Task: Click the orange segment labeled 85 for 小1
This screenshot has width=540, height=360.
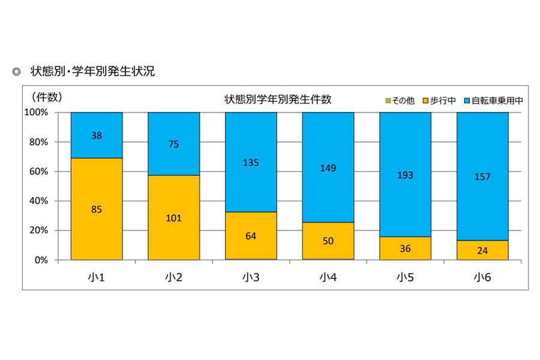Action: pos(97,209)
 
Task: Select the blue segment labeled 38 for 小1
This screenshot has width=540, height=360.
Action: pos(97,135)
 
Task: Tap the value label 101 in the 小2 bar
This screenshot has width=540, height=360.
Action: pos(173,218)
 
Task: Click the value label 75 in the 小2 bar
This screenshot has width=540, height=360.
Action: pos(173,144)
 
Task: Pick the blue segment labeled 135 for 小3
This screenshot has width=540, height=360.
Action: pos(251,161)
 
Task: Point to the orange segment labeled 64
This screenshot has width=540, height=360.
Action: pos(251,236)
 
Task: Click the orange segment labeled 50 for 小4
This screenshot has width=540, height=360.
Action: pos(328,241)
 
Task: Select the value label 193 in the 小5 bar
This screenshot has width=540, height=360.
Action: pos(405,175)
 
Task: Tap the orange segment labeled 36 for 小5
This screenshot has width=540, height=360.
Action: pos(405,248)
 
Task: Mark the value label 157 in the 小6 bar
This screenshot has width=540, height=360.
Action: pos(482,176)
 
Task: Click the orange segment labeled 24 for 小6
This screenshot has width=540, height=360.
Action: pos(482,250)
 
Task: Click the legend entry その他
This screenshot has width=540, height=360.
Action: pos(399,101)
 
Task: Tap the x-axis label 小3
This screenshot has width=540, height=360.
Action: pos(251,277)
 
